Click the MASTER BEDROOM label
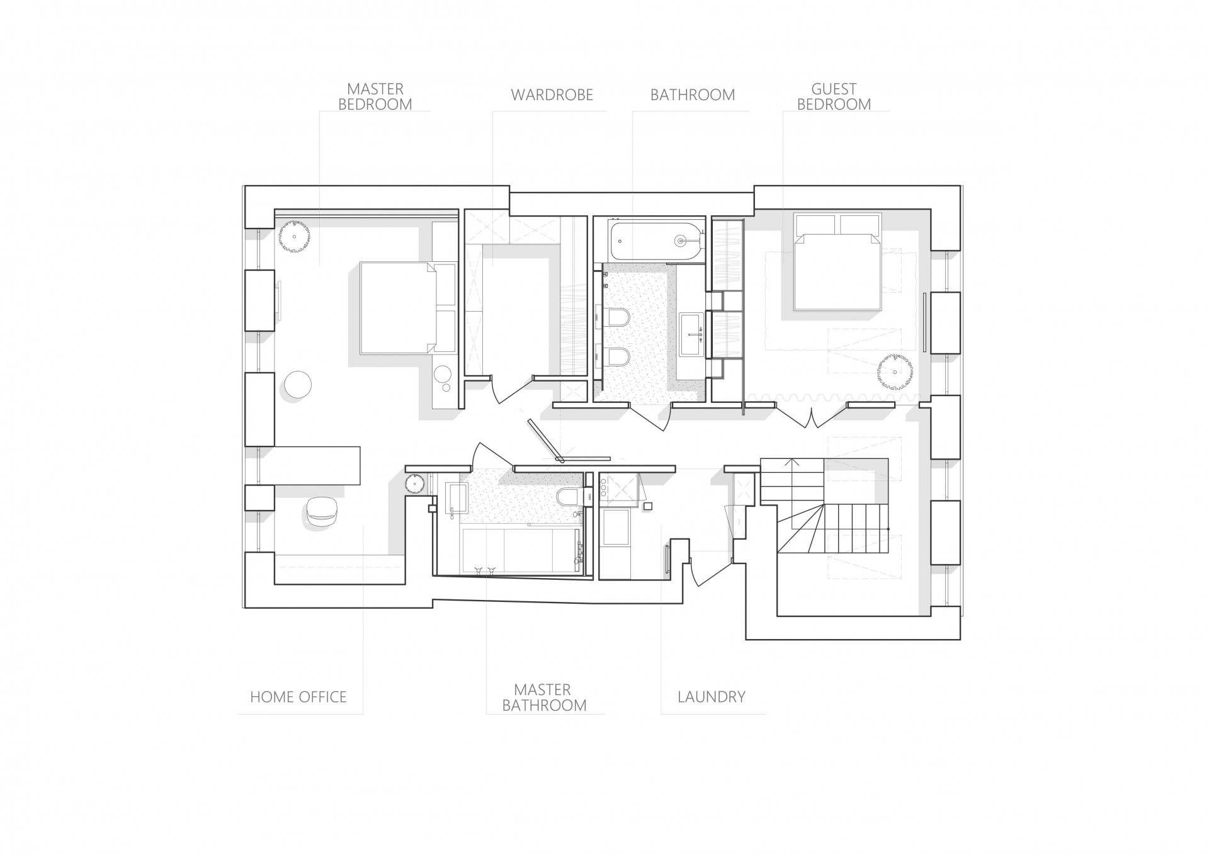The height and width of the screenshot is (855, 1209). coord(375,96)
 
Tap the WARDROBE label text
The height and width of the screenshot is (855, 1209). coord(552,95)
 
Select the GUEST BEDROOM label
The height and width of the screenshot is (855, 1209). coord(834,96)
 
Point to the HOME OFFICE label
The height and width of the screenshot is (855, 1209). coord(298,697)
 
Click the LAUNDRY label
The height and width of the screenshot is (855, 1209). coord(712,697)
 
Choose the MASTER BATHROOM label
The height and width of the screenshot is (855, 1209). coord(544,698)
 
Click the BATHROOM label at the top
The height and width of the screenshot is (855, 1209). coord(693,95)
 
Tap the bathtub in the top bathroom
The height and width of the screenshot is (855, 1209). coord(656,240)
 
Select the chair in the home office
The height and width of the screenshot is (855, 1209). coord(324,513)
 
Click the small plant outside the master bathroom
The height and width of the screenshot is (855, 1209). coord(413,484)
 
